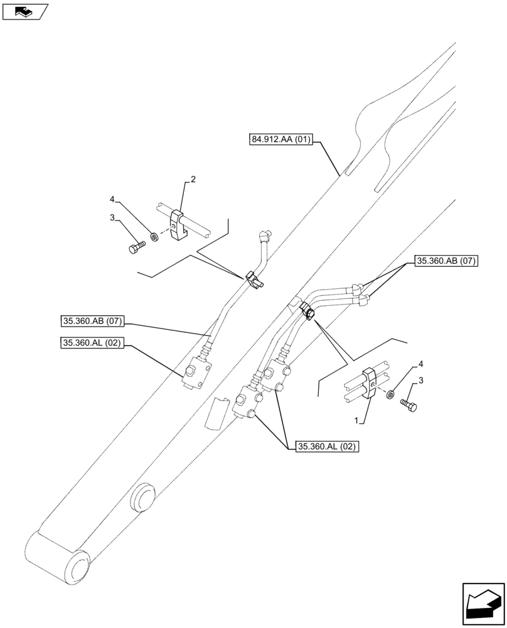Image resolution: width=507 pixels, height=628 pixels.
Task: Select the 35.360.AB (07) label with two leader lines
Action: tap(446, 261)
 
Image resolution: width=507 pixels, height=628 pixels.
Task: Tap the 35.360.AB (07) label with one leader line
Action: tap(93, 322)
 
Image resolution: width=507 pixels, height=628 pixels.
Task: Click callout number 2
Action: tap(193, 180)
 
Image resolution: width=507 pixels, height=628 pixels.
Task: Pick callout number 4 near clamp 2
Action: tap(112, 200)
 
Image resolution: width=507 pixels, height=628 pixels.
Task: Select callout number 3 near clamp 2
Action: tap(112, 218)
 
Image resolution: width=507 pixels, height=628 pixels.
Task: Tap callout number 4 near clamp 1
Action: tap(420, 364)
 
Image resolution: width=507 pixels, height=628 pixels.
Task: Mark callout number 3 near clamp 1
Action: tap(420, 381)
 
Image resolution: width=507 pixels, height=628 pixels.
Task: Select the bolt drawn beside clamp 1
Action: tap(408, 406)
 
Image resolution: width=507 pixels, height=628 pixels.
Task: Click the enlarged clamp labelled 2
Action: tap(178, 227)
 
